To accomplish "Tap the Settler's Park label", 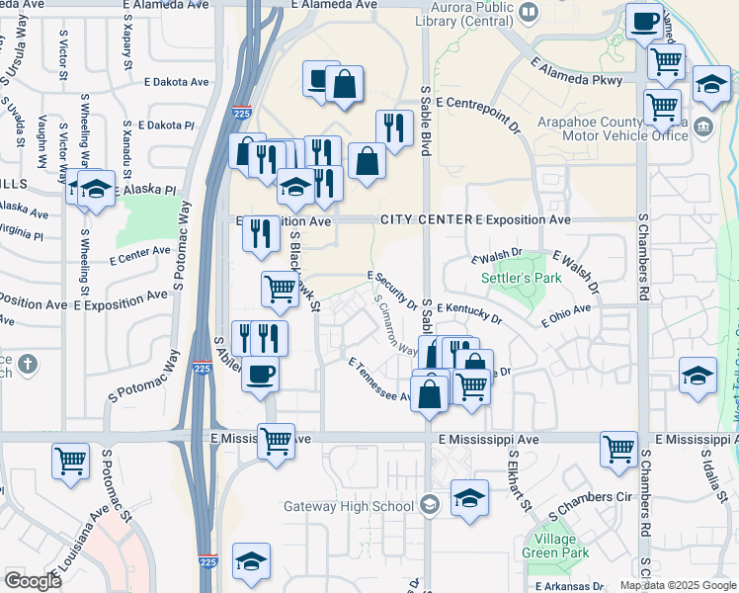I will point(521,279).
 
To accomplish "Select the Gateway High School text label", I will point(348,507).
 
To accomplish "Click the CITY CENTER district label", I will point(425,219).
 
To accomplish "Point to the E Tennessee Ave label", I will point(379,381).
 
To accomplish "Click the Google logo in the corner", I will point(34,581).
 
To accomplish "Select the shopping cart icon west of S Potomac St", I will point(71,460).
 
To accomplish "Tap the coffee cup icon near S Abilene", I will point(260,374).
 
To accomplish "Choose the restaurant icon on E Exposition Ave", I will point(261,233).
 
